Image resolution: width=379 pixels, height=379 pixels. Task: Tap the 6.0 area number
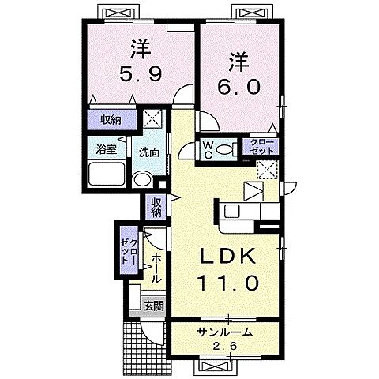(238, 87)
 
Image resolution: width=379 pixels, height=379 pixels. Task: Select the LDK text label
(228, 256)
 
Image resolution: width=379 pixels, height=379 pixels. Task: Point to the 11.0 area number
(228, 282)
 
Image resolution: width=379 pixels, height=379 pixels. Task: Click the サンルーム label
(225, 332)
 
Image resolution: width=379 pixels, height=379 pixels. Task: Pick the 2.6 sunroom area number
(225, 346)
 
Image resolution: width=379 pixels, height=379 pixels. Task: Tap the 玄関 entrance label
(154, 306)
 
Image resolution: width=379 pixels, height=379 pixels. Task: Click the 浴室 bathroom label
(107, 150)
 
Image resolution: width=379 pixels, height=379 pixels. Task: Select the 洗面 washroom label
(149, 152)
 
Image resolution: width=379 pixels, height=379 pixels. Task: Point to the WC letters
(208, 150)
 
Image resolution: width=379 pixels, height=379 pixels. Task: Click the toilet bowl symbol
(224, 150)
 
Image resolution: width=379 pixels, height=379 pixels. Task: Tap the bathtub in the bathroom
(107, 174)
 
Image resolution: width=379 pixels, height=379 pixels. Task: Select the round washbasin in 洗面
(143, 180)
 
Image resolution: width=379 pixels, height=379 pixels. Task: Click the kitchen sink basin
(232, 211)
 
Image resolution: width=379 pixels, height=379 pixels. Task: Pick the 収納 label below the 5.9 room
(111, 120)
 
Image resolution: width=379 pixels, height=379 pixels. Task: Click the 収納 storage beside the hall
(156, 207)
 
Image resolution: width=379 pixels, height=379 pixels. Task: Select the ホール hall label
(156, 268)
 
